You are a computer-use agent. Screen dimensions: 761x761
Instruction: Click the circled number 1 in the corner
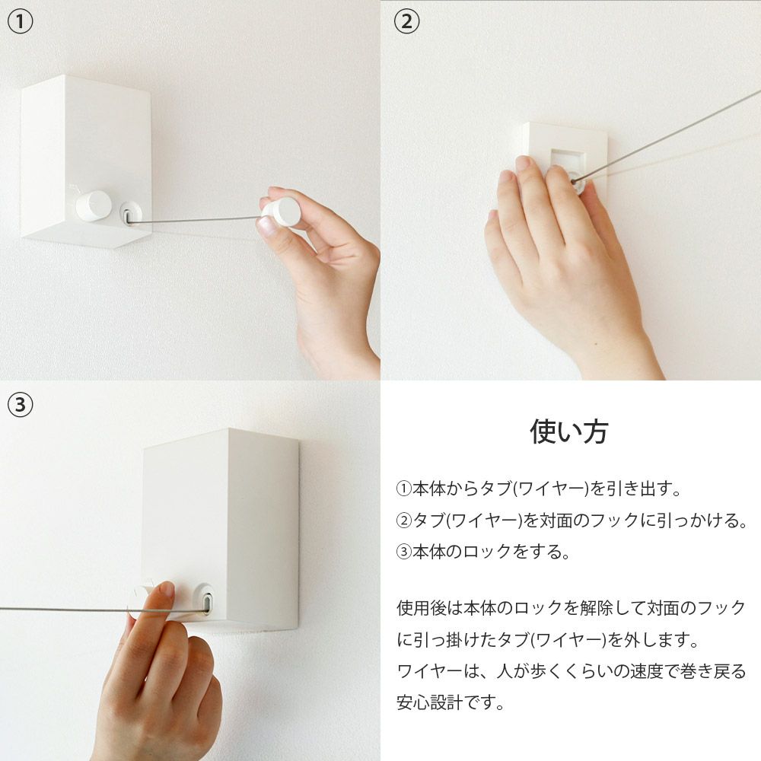click(21, 22)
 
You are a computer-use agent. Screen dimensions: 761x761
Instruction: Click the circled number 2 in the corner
click(406, 22)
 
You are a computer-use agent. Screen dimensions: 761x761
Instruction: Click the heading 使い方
click(569, 431)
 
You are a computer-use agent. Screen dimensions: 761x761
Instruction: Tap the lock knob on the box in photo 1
click(94, 205)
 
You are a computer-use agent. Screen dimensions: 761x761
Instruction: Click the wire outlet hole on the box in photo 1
click(130, 214)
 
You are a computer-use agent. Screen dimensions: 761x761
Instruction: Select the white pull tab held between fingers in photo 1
click(286, 212)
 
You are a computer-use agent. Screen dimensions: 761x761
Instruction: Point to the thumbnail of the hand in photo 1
click(267, 224)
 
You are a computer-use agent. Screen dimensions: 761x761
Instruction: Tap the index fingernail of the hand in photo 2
click(523, 163)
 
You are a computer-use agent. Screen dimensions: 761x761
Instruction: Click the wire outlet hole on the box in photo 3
click(204, 601)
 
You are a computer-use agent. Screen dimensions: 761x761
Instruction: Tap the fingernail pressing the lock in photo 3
click(166, 589)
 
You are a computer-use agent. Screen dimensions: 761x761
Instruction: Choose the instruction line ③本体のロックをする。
click(483, 552)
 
